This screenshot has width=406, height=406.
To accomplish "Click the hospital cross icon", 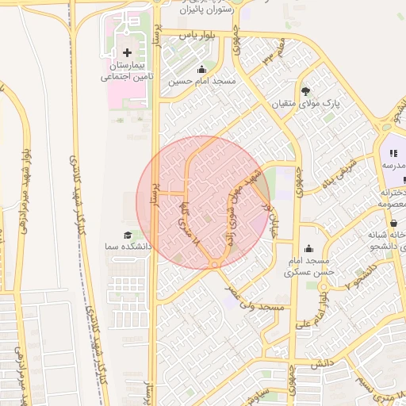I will coord(128,52).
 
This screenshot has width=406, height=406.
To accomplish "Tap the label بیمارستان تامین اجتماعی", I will coord(128,71).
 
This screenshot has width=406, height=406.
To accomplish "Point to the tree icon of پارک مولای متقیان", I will coord(306,91).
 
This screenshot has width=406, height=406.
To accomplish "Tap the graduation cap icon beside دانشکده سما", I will coord(127,236).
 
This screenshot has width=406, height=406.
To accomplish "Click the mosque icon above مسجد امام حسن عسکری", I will coord(308,248).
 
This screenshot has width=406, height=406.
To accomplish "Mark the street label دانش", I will coord(319,364).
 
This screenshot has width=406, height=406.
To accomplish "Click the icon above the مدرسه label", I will coord(393,153).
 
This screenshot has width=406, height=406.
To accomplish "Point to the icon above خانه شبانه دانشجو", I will coord(394,223).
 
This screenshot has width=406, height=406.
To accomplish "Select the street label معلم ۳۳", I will coord(268,58).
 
